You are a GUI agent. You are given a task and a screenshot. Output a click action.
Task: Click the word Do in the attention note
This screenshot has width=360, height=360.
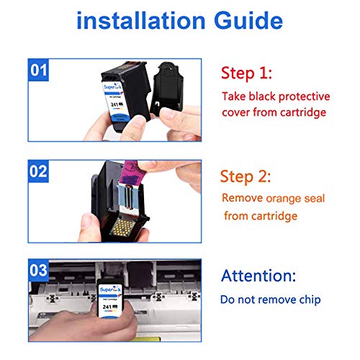pyautogui.click(x=230, y=299)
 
